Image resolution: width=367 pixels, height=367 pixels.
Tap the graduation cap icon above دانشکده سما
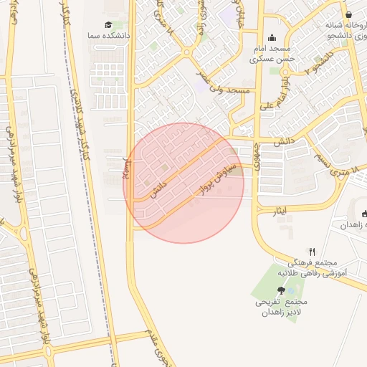point(108,24)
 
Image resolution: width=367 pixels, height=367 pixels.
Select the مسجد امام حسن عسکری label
point(272,54)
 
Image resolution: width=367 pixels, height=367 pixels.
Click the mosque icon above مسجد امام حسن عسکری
point(272,38)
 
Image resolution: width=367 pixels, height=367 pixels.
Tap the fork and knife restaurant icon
point(312,252)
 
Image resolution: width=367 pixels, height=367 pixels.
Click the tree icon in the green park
point(280,290)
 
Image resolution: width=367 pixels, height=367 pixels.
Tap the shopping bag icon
point(349,14)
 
